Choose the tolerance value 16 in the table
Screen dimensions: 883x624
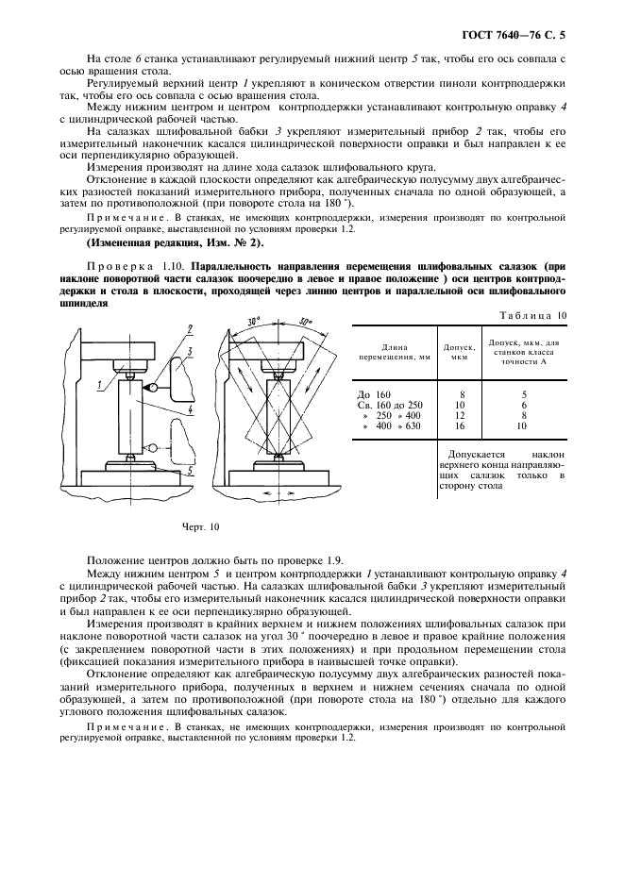point(460,426)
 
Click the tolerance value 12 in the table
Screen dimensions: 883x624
point(460,415)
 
